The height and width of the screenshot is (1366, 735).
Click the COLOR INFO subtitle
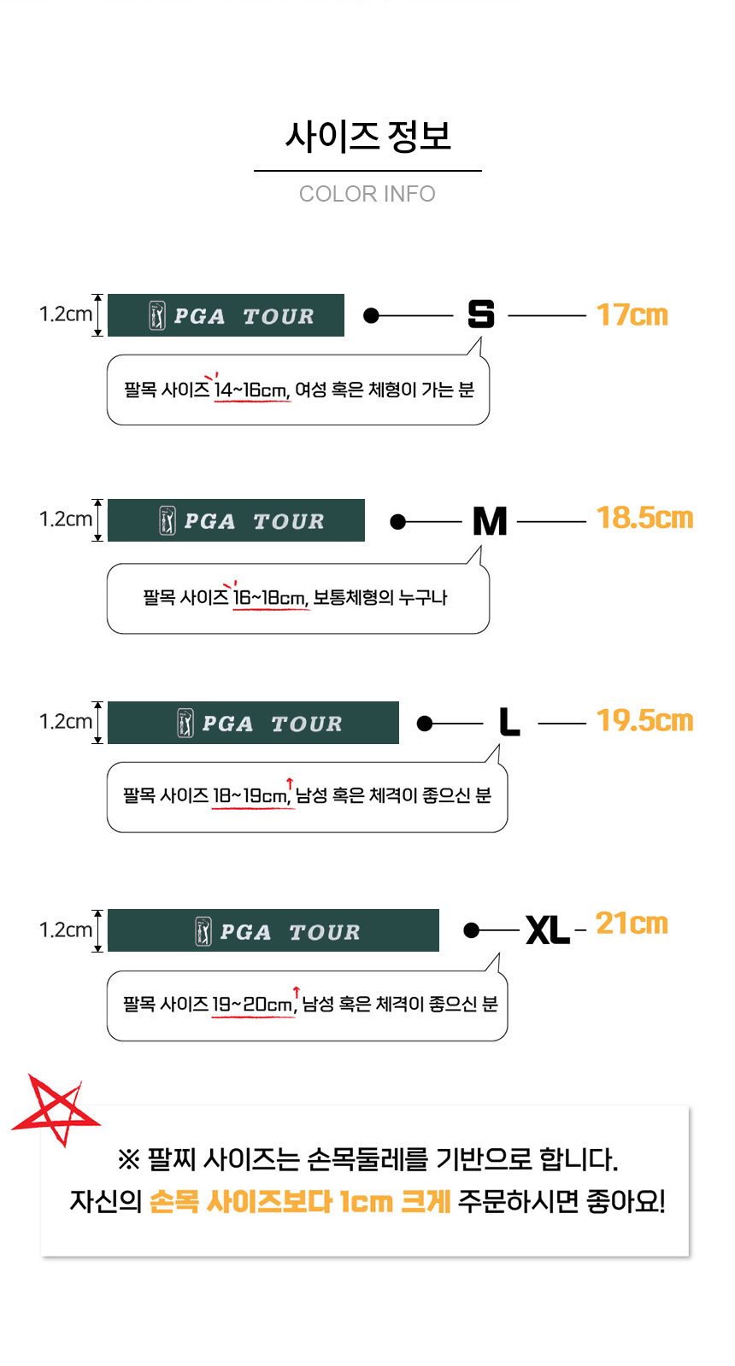pyautogui.click(x=367, y=194)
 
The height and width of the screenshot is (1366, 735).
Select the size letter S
pyautogui.click(x=481, y=314)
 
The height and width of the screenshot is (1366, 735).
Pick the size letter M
pyautogui.click(x=490, y=521)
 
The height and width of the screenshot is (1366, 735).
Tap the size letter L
pyautogui.click(x=509, y=722)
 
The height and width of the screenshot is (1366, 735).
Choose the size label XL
pyautogui.click(x=548, y=930)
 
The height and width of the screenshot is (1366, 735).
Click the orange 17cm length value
pyautogui.click(x=632, y=315)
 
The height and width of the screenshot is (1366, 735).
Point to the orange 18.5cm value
pyautogui.click(x=644, y=519)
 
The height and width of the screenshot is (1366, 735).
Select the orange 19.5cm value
pyautogui.click(x=644, y=721)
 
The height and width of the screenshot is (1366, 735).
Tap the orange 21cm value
pyautogui.click(x=632, y=923)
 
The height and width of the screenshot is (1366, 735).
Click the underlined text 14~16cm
pyautogui.click(x=252, y=390)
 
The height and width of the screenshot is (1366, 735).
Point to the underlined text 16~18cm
pyautogui.click(x=270, y=598)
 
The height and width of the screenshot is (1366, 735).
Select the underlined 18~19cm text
pyautogui.click(x=251, y=796)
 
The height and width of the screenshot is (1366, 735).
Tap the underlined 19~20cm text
pyautogui.click(x=253, y=1005)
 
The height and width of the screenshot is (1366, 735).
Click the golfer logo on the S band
pyautogui.click(x=157, y=315)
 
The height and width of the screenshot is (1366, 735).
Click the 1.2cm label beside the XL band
pyautogui.click(x=65, y=930)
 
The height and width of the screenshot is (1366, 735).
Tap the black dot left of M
pyautogui.click(x=398, y=521)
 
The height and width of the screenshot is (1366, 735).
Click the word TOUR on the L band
pyautogui.click(x=306, y=724)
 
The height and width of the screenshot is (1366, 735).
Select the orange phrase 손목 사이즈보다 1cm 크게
pyautogui.click(x=300, y=1202)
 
